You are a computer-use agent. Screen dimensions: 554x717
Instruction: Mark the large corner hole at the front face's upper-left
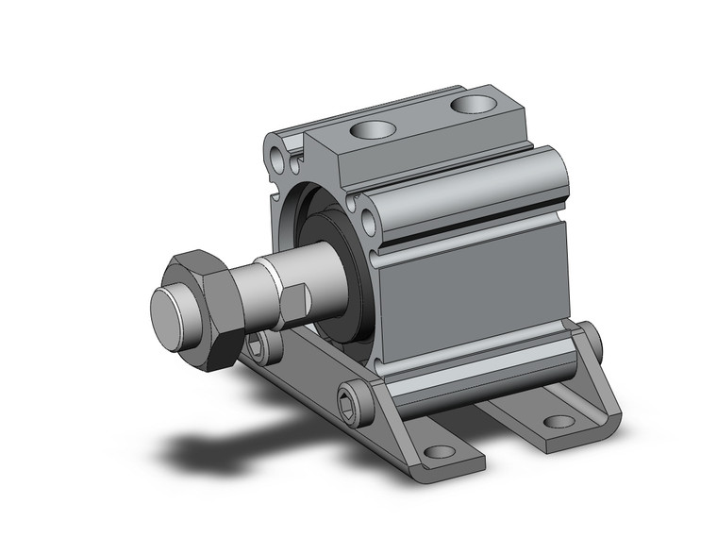tap(275, 150)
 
